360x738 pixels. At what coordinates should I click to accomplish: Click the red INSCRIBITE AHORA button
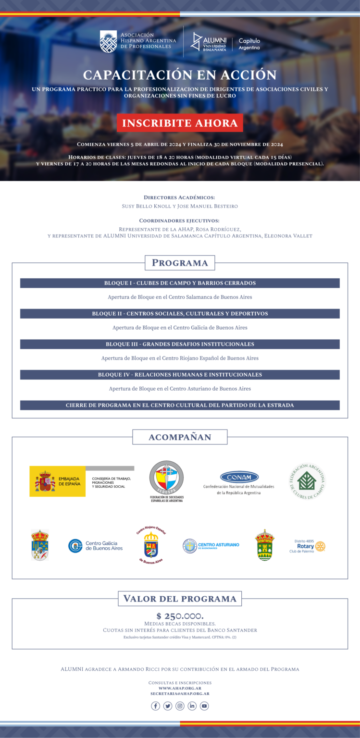(180, 123)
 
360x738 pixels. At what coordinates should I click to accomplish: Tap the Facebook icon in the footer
(155, 706)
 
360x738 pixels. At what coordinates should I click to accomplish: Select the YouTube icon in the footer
(204, 706)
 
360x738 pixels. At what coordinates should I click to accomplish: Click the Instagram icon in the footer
(180, 706)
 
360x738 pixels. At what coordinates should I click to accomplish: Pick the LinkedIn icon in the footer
(192, 706)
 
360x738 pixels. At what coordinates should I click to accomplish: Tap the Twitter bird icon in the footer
(168, 706)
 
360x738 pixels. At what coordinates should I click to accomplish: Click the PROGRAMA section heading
(180, 263)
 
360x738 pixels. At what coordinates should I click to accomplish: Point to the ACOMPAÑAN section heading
(180, 437)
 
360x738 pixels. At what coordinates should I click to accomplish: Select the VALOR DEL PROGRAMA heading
(180, 599)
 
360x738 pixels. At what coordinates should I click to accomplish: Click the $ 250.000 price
(180, 616)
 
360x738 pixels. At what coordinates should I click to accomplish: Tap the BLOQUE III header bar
(180, 344)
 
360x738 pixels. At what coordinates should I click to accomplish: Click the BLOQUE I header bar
(180, 283)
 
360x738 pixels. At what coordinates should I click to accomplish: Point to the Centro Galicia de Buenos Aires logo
(95, 546)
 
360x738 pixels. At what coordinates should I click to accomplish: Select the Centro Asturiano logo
(211, 545)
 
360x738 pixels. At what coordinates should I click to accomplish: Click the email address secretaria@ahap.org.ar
(180, 694)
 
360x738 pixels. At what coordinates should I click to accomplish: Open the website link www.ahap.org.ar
(180, 688)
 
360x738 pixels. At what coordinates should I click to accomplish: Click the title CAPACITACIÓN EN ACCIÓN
(180, 75)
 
